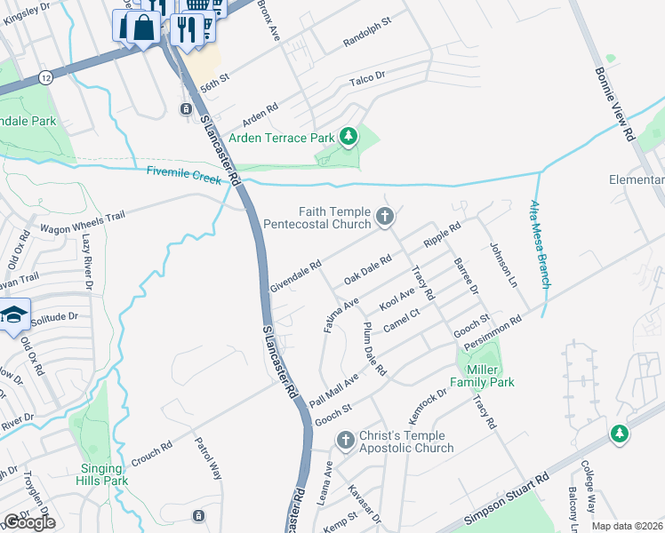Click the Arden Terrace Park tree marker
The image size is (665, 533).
[350, 136]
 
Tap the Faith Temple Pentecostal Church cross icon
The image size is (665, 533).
[385, 215]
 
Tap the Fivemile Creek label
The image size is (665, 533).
[183, 178]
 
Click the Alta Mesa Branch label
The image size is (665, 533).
[541, 243]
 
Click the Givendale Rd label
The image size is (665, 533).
[295, 276]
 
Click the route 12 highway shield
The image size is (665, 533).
[45, 78]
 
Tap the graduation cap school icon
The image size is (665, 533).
[14, 315]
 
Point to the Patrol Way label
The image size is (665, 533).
[208, 457]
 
